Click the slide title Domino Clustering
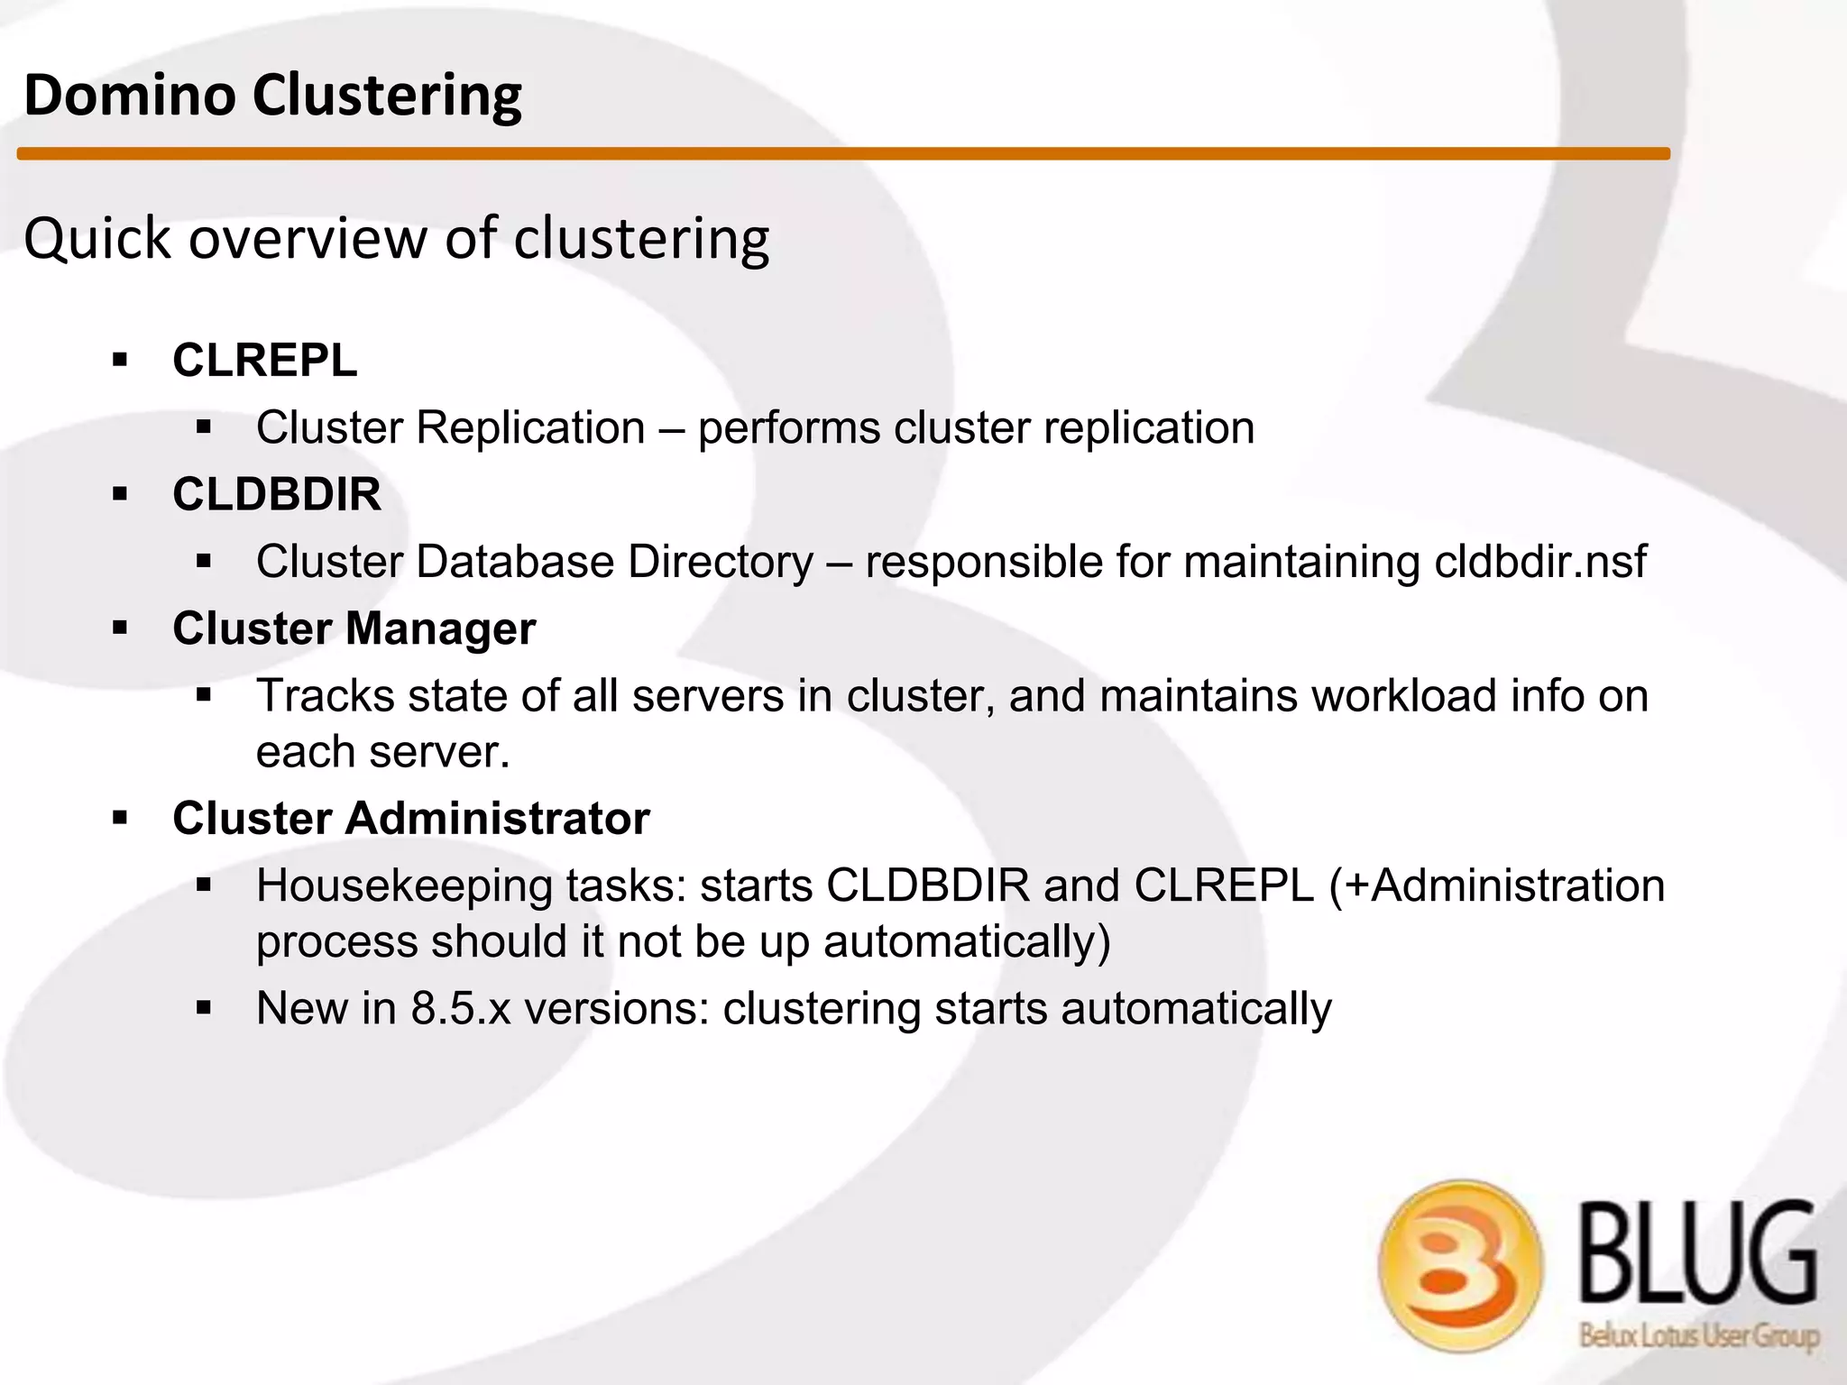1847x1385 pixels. (x=272, y=96)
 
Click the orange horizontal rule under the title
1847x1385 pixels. (x=842, y=154)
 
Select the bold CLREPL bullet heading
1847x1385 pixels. (x=265, y=361)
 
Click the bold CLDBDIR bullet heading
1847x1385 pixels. (x=277, y=494)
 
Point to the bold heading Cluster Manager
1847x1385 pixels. (x=354, y=628)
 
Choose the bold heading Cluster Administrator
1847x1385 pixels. (x=411, y=819)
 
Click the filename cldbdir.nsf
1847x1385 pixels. (x=1540, y=562)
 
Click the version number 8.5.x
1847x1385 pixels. (x=461, y=1008)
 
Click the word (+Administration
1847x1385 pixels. (x=1497, y=885)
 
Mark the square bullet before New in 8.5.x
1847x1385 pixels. (x=204, y=1008)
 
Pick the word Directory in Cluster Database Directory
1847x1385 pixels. (x=721, y=562)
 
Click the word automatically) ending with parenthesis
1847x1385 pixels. (x=967, y=941)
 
